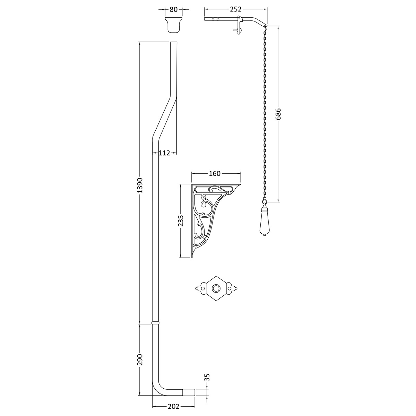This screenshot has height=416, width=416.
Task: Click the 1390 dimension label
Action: (140, 185)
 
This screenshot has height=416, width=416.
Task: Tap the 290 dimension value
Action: (140, 359)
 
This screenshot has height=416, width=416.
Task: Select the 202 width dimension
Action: (174, 407)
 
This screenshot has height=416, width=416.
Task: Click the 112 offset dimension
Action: (164, 153)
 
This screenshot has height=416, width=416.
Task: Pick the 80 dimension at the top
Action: (174, 9)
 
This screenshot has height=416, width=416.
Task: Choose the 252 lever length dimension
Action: (235, 9)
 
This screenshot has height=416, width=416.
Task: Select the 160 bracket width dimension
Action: (215, 173)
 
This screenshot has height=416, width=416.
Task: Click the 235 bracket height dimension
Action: (181, 220)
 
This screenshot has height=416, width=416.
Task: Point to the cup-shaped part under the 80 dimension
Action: (174, 25)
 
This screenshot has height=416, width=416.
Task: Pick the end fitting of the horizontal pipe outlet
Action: (189, 392)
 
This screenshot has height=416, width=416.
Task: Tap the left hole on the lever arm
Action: (213, 19)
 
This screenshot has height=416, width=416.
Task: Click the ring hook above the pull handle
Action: (265, 201)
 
